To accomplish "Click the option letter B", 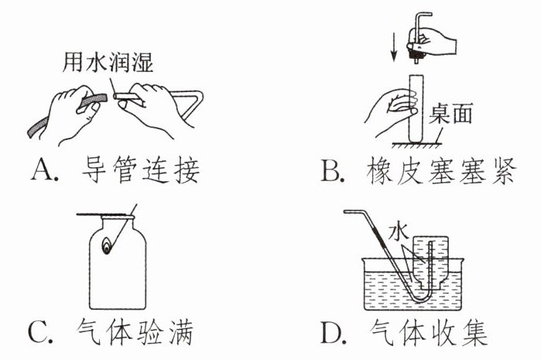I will (x=331, y=170).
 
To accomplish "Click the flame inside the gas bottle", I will (x=106, y=246).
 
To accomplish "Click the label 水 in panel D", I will (x=395, y=230).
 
